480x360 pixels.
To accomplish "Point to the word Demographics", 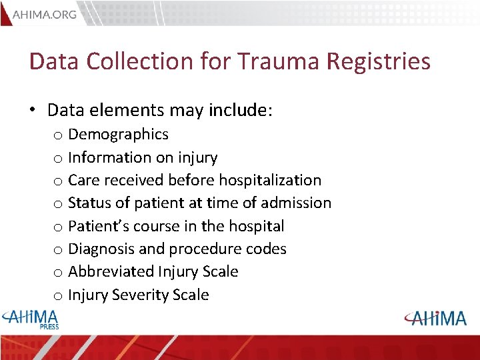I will tap(118, 135).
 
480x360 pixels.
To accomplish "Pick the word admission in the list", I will tap(295, 203).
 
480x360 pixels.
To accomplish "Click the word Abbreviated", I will tap(111, 271).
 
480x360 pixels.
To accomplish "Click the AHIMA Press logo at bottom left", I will tap(31, 319).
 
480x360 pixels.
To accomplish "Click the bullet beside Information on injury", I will tap(58, 158).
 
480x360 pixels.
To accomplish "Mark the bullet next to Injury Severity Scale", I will tap(58, 295).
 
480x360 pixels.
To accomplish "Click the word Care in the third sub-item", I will tap(83, 180).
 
